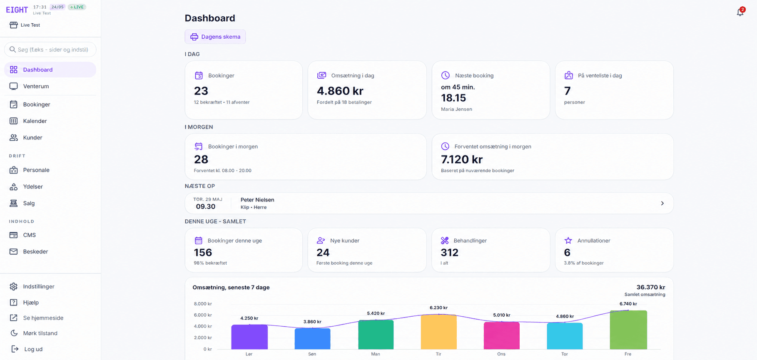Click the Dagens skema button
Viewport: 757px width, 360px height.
point(215,37)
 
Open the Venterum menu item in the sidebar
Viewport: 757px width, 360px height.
point(36,86)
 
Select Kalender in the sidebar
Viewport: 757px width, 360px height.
point(35,121)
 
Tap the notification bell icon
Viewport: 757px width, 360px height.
point(740,12)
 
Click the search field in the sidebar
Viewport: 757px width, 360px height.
point(50,50)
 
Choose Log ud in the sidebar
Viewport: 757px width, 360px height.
point(33,349)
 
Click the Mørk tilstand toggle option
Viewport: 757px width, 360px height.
point(40,333)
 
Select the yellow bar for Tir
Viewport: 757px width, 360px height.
point(438,332)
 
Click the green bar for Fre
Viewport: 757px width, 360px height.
point(628,330)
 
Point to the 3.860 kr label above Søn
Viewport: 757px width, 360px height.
point(312,322)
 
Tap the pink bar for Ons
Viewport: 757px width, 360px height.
point(501,335)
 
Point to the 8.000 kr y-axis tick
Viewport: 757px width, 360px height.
point(203,304)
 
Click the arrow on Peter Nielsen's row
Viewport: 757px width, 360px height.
point(662,204)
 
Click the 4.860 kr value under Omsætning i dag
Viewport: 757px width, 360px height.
point(340,91)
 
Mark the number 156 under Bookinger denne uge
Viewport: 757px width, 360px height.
point(203,253)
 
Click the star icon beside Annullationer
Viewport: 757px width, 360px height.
point(568,241)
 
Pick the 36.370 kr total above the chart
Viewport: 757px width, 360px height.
point(650,287)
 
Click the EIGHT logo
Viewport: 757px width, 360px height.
point(17,10)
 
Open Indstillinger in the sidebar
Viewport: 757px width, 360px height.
point(39,287)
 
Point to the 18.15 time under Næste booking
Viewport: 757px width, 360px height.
point(453,98)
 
